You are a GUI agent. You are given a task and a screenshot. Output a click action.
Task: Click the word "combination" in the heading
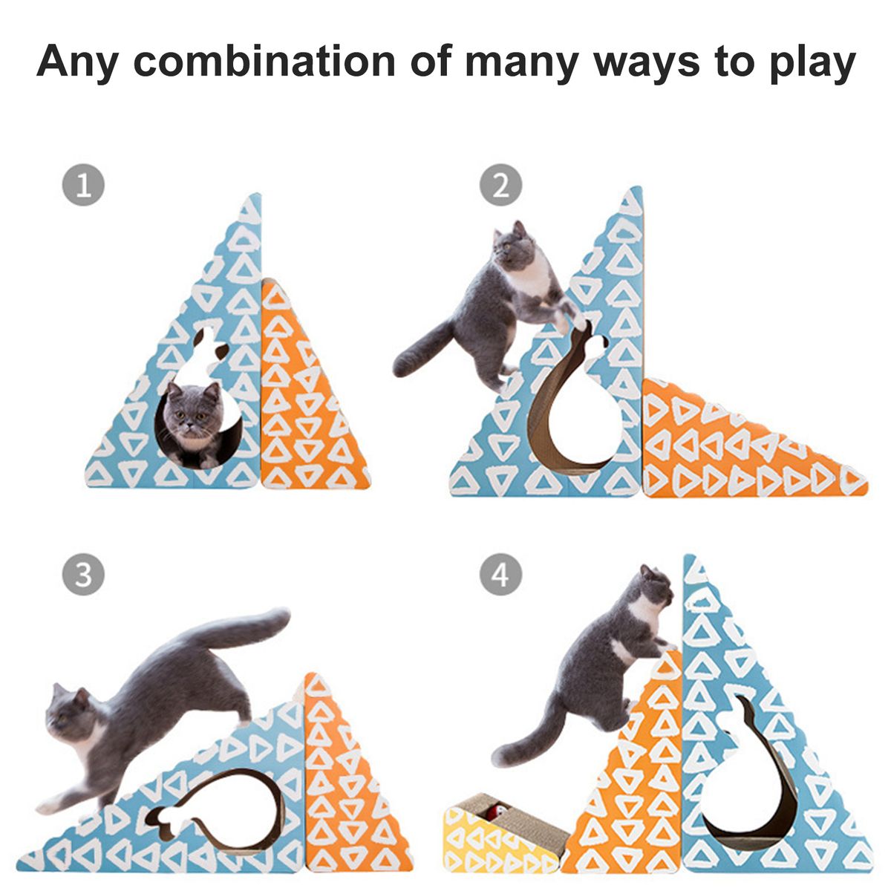point(264,60)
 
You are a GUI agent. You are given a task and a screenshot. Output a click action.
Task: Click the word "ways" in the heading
point(647,65)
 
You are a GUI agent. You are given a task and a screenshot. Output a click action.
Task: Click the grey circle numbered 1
point(83,185)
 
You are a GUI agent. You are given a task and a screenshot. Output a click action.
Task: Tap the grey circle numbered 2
point(500,185)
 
